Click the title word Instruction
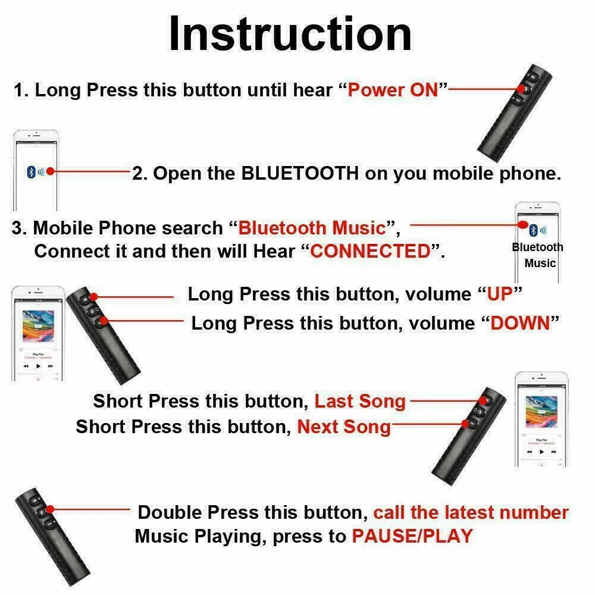point(290,35)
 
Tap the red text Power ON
point(393,90)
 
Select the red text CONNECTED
point(370,251)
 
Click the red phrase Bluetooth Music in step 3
point(312,228)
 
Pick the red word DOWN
point(520,323)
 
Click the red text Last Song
point(359,401)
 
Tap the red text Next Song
point(344,427)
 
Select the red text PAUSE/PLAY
point(412,535)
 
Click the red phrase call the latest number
point(471,512)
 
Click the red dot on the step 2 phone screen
point(50,171)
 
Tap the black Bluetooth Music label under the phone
point(538,255)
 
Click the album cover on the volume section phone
point(38,325)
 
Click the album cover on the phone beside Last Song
point(541,411)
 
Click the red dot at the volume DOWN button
point(105,322)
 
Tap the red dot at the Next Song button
point(466,424)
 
